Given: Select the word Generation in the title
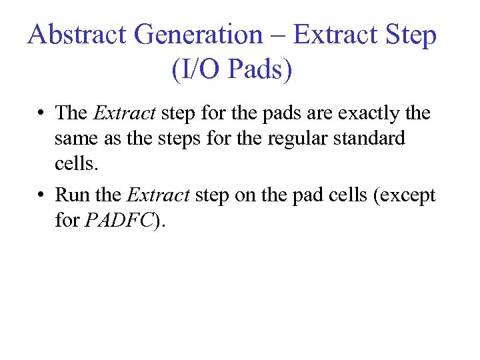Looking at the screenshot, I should pyautogui.click(x=198, y=34).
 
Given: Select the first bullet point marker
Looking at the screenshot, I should pyautogui.click(x=42, y=113).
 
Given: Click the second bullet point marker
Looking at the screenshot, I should pyautogui.click(x=42, y=195).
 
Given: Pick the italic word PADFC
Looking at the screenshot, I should pyautogui.click(x=119, y=221).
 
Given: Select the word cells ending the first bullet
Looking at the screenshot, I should pyautogui.click(x=73, y=164).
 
